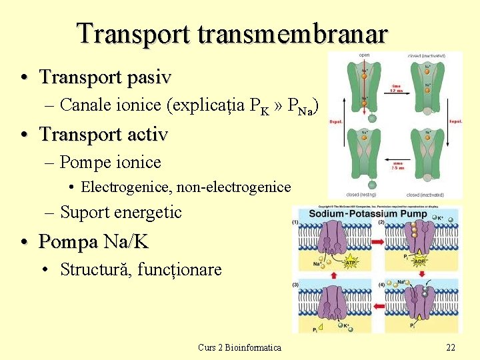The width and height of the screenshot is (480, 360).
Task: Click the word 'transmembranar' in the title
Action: pyautogui.click(x=292, y=33)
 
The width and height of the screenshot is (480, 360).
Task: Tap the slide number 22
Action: pyautogui.click(x=451, y=347)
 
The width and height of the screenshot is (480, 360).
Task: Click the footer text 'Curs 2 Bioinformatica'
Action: pyautogui.click(x=239, y=347)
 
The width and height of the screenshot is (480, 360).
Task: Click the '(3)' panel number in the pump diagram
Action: pyautogui.click(x=295, y=285)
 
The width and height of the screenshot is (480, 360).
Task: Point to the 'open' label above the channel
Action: pyautogui.click(x=364, y=55)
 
